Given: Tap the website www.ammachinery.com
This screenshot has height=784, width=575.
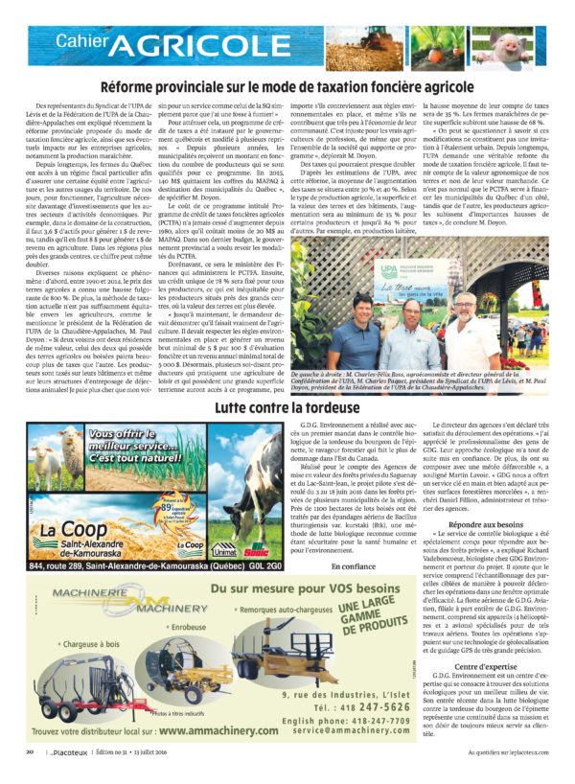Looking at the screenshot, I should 202,732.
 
